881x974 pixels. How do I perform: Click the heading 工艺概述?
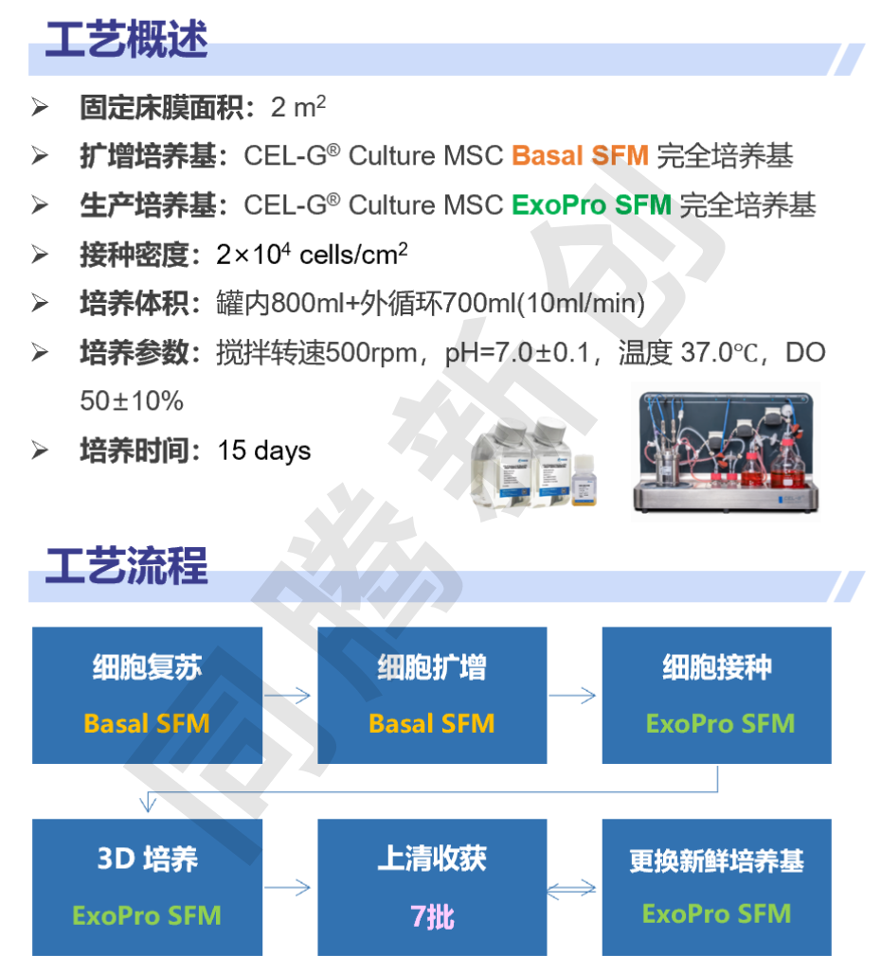126,39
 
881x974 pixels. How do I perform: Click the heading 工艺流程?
126,565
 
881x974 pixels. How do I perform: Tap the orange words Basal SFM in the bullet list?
580,155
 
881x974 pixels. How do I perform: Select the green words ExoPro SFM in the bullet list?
591,205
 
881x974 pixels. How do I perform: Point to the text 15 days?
263,451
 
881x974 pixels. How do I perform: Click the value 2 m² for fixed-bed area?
298,106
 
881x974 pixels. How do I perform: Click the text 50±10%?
132,401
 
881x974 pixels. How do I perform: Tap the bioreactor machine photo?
726,452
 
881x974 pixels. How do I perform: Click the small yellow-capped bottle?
584,480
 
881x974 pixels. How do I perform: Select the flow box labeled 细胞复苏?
148,695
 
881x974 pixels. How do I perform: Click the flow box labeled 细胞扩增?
432,695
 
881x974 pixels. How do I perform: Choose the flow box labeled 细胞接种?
717,695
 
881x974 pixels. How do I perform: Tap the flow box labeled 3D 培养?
148,887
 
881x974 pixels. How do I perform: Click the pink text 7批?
433,916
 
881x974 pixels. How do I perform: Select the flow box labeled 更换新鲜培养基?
717,887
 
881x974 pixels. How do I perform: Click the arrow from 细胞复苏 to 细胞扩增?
287,695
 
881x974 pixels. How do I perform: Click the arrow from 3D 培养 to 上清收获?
287,887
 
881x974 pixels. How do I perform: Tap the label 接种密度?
135,255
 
